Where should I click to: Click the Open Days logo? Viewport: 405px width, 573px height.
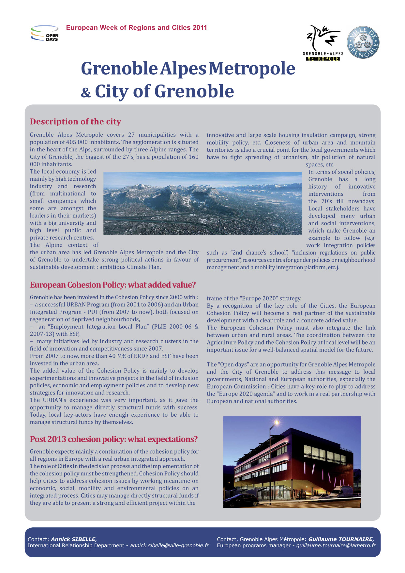[x=45, y=33]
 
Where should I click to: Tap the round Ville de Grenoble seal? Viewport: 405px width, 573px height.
[x=363, y=43]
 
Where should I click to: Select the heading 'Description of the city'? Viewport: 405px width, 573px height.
[x=75, y=122]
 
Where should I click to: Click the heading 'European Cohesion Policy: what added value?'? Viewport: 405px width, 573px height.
[x=112, y=285]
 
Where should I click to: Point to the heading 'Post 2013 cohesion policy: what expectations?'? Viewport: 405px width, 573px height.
[x=113, y=439]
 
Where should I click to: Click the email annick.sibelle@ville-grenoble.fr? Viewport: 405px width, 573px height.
[x=169, y=546]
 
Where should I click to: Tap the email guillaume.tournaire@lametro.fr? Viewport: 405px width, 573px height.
[x=336, y=546]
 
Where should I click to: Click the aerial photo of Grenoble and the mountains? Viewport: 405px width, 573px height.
[x=202, y=203]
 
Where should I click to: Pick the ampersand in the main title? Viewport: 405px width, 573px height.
[x=86, y=92]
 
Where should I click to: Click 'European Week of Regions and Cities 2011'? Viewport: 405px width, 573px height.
[x=136, y=28]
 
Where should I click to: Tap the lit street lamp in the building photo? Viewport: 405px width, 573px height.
[x=277, y=423]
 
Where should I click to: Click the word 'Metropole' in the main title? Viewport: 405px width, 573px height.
[x=252, y=69]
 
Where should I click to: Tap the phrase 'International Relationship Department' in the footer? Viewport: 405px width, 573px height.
[x=76, y=546]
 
